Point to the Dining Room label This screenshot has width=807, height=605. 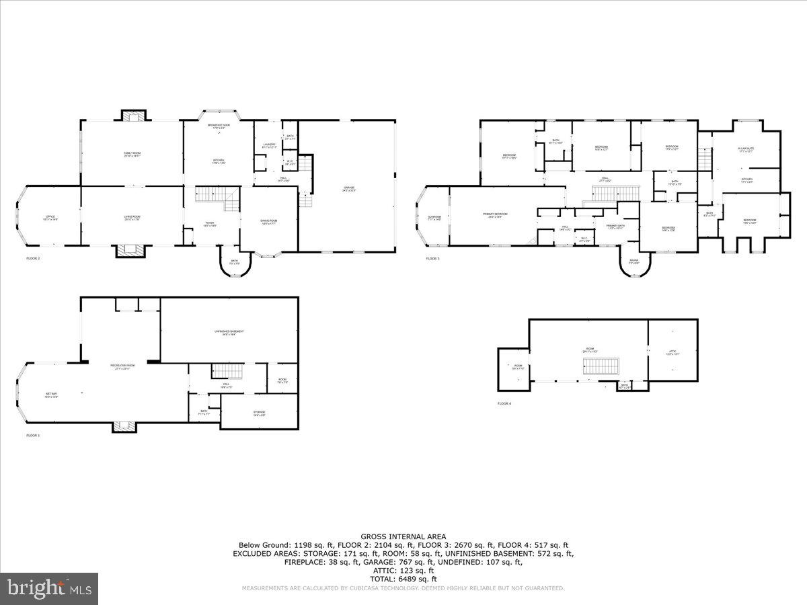coord(269,222)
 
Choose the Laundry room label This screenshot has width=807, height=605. coord(269,145)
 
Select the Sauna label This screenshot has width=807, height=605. coord(634,261)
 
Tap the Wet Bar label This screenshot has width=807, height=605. coord(51,395)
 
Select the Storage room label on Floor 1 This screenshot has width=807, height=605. coord(259,413)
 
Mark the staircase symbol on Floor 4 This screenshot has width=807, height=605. coord(600,366)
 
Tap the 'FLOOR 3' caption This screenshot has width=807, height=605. coord(432,259)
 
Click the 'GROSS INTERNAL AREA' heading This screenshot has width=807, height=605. coord(403,536)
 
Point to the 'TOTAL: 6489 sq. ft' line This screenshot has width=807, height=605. coord(403,579)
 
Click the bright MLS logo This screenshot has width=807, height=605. coord(49,589)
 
